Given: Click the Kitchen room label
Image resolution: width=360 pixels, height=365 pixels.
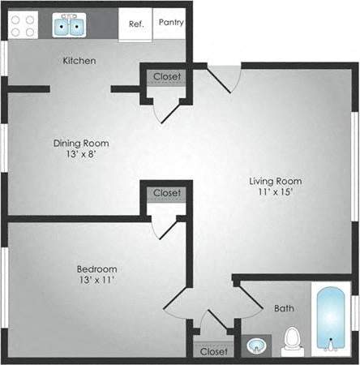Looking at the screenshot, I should click(79, 61).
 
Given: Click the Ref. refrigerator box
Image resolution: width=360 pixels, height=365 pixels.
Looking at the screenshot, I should click(136, 24).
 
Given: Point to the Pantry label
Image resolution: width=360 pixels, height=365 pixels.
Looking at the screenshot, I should click(171, 23).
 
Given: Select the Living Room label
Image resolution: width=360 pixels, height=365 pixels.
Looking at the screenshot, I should click(275, 181).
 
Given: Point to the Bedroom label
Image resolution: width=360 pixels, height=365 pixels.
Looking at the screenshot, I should click(97, 269).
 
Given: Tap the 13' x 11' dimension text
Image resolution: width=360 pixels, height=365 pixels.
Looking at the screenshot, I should click(97, 281).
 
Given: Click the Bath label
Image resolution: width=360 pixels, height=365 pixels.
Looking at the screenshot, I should click(284, 308).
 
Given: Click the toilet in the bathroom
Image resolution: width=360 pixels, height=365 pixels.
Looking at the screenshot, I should click(291, 342).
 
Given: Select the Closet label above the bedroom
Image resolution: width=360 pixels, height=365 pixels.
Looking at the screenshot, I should click(167, 193).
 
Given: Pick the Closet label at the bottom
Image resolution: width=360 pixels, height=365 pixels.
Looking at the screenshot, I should click(213, 351).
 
